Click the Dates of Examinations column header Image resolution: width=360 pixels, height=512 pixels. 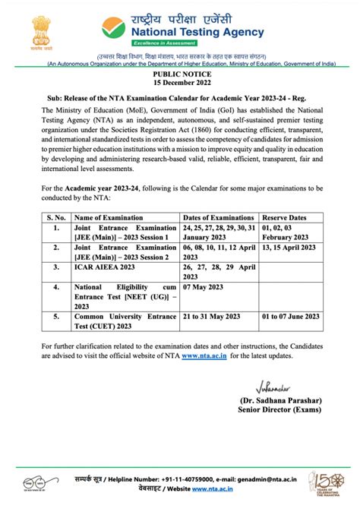coord(219,216)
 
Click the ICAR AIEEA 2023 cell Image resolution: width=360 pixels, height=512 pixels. coord(104,267)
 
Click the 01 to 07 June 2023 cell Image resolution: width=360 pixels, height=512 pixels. coord(290,315)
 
